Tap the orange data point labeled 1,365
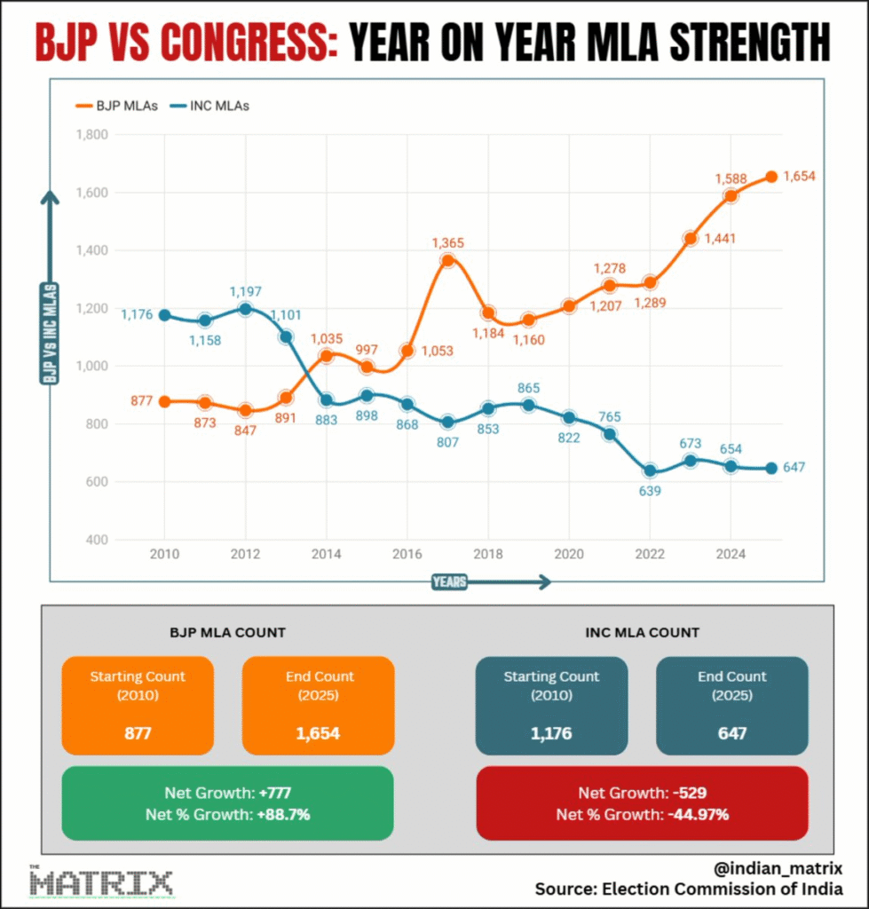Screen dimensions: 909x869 tap(447, 260)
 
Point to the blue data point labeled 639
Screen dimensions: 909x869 tap(650, 470)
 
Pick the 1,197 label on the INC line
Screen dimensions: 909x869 tap(246, 291)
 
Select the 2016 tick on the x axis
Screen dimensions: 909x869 tap(407, 555)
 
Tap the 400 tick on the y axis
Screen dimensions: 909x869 tap(95, 540)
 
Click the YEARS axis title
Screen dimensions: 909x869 tap(450, 582)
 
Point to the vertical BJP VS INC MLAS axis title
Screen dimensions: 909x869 tap(50, 333)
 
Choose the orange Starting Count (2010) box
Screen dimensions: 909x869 tap(138, 705)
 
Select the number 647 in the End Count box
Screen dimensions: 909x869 tap(732, 733)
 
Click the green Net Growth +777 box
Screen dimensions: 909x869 tap(227, 802)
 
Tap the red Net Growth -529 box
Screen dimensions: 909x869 tap(642, 802)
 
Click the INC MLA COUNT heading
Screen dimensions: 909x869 tap(642, 633)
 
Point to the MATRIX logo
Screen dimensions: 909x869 tap(101, 882)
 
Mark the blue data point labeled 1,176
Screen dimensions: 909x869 tap(164, 315)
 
